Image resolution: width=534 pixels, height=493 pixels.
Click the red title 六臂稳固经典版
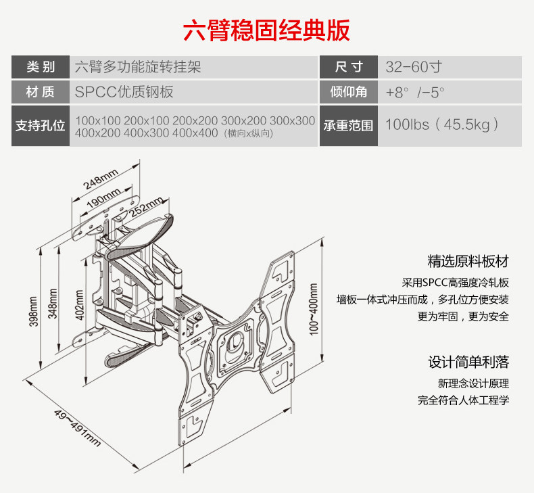click(266, 31)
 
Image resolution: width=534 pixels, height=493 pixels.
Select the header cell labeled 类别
click(40, 68)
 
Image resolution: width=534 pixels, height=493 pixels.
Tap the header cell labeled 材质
click(40, 92)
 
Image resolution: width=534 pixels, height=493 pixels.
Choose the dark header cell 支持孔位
click(40, 126)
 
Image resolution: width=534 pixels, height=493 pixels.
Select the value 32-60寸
click(414, 68)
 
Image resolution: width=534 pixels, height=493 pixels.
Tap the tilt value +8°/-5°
click(415, 92)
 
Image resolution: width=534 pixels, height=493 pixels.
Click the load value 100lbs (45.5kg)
click(442, 125)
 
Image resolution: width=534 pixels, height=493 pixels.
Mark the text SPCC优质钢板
click(120, 92)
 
